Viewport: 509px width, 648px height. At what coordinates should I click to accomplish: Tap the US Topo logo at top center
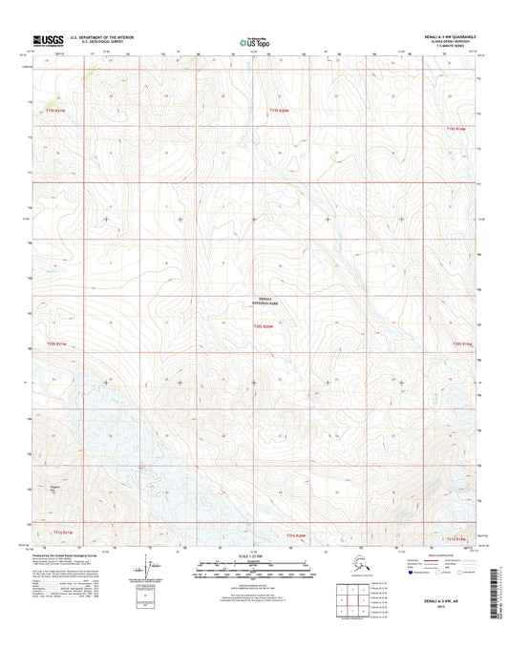(253, 42)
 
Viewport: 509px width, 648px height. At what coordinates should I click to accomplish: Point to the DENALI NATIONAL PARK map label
(267, 300)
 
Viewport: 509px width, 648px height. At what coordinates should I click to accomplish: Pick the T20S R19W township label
(462, 343)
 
